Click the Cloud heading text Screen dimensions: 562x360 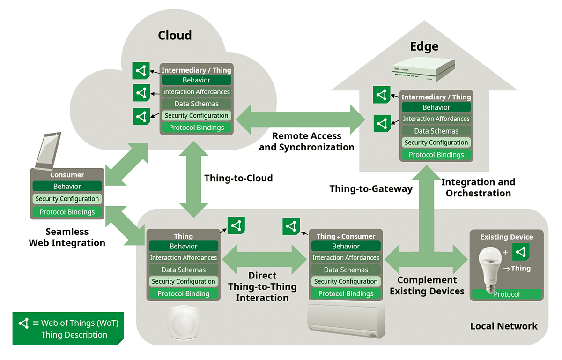(x=175, y=36)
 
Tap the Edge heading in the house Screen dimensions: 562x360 (x=424, y=47)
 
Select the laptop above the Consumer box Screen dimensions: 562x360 (x=48, y=151)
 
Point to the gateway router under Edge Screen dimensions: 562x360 (x=423, y=69)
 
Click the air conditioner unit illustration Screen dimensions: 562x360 (x=346, y=320)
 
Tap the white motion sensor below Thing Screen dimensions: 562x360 (x=184, y=322)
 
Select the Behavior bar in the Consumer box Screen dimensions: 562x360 (x=67, y=186)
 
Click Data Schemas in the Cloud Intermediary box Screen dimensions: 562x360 (x=196, y=104)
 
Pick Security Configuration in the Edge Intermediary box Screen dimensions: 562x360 (x=436, y=142)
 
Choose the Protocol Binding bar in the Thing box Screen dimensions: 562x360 (x=184, y=293)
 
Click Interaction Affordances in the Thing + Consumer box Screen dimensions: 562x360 (x=346, y=257)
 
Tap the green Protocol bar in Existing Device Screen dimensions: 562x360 (x=507, y=294)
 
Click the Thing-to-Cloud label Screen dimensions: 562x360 (x=238, y=178)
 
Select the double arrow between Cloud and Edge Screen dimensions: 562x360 (x=300, y=120)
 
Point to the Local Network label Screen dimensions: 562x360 (x=504, y=326)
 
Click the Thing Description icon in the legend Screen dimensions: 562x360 (x=24, y=323)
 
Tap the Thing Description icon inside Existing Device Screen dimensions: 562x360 (x=521, y=252)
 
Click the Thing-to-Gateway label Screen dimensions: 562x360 (x=371, y=189)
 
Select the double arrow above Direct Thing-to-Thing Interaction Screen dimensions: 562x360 (x=265, y=259)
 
